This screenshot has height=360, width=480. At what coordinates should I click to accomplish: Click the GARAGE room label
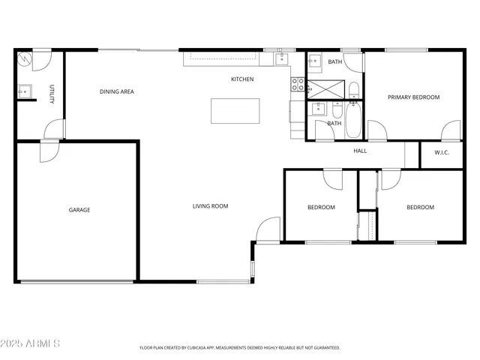(79, 210)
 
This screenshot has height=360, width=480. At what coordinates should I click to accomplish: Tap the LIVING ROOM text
(210, 205)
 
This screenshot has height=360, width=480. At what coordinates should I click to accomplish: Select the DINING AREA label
(117, 91)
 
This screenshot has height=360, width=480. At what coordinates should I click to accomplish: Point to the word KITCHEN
(241, 79)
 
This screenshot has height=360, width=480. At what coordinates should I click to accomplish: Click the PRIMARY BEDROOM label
(412, 97)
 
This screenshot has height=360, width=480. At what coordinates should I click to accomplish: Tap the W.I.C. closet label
(442, 154)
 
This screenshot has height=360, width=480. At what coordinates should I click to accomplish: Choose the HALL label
(360, 151)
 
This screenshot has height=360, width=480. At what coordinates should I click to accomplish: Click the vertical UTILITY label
(52, 94)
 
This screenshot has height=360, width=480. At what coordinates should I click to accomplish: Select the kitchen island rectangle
(235, 111)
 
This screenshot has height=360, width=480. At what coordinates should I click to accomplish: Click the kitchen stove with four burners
(298, 85)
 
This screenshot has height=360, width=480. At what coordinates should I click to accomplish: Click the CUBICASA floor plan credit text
(240, 347)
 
